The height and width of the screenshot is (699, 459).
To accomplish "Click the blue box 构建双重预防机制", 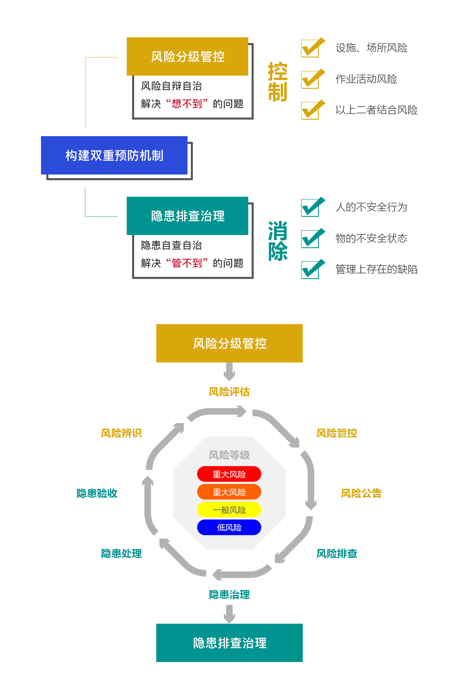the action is pyautogui.click(x=114, y=155).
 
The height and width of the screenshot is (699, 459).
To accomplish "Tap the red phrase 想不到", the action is pyautogui.click(x=187, y=104).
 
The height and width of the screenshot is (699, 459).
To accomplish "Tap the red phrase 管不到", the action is pyautogui.click(x=187, y=263).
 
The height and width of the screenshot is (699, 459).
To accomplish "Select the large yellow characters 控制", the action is pyautogui.click(x=278, y=82).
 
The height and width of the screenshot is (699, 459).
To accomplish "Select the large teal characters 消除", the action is pyautogui.click(x=278, y=241).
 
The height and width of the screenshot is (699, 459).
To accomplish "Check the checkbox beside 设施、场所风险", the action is pyautogui.click(x=313, y=47).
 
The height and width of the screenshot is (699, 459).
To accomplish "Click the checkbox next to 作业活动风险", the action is pyautogui.click(x=313, y=79).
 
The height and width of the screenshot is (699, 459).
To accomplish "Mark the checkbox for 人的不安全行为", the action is pyautogui.click(x=313, y=207).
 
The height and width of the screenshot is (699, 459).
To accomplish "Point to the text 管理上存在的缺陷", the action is pyautogui.click(x=376, y=269).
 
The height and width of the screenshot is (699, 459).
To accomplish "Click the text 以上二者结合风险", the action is pyautogui.click(x=376, y=110).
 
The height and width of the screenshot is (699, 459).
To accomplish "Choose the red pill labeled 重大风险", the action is pyautogui.click(x=229, y=474).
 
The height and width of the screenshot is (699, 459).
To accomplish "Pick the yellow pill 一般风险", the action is pyautogui.click(x=229, y=510).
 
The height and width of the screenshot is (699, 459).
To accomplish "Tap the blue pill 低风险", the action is pyautogui.click(x=229, y=528).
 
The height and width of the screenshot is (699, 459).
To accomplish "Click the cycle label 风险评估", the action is pyautogui.click(x=229, y=392).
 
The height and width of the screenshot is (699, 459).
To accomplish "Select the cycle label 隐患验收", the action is pyautogui.click(x=97, y=493).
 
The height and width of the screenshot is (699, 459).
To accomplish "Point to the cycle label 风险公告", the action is pyautogui.click(x=361, y=493).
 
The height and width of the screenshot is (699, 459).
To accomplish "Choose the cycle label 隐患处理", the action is pyautogui.click(x=121, y=553).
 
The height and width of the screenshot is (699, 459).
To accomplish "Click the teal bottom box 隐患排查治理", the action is pyautogui.click(x=229, y=643).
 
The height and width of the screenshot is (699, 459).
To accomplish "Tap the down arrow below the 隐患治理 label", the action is pyautogui.click(x=229, y=614).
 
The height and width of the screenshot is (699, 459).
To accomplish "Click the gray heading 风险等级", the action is pyautogui.click(x=229, y=455).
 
